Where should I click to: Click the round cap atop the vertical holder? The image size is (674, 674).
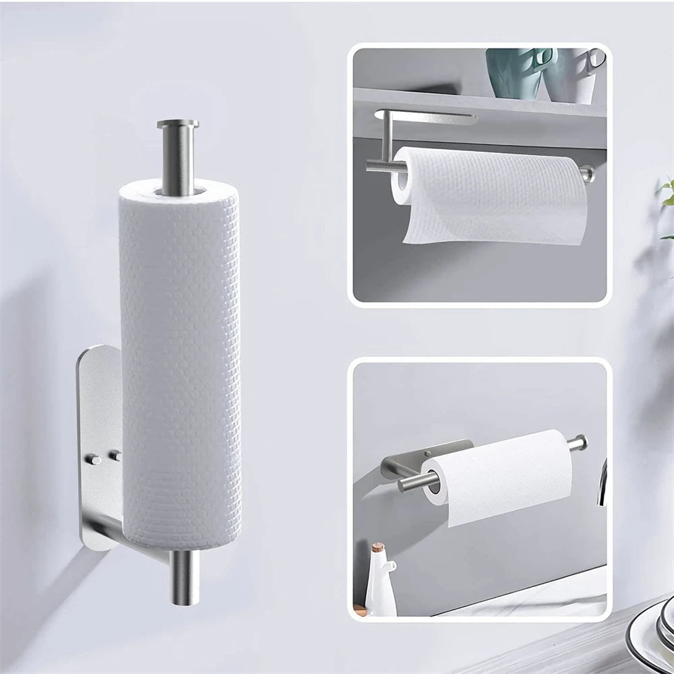point(178,125)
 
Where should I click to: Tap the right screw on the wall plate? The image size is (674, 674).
point(115,456)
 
